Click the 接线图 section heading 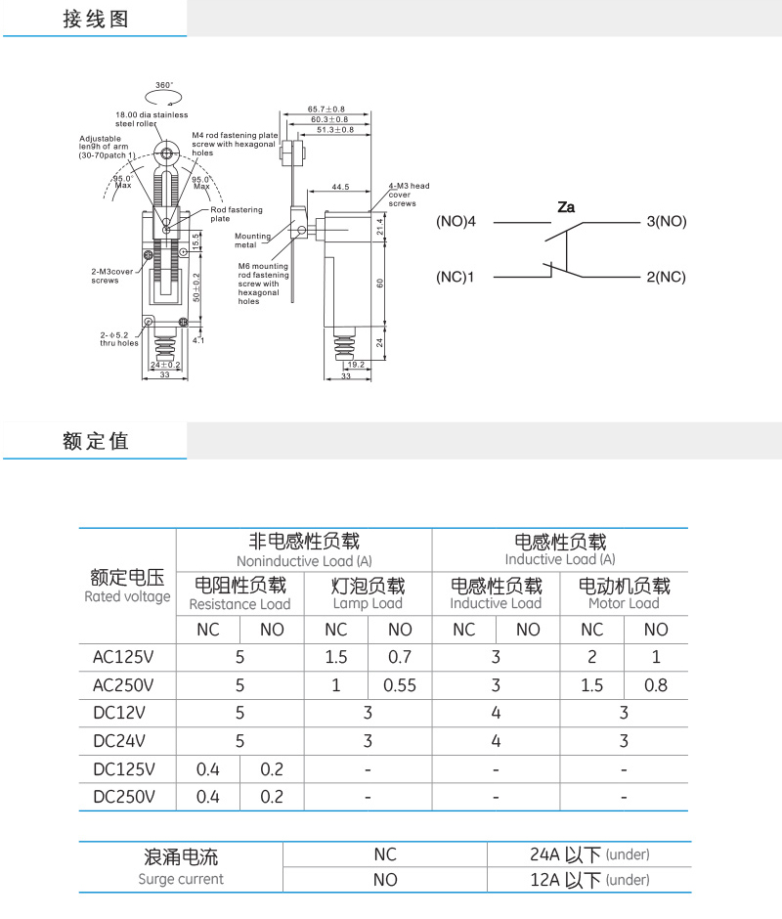coord(96,19)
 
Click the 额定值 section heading coord(96,441)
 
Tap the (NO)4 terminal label coord(456,222)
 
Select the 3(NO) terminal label coord(667,222)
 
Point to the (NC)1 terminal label coord(455,277)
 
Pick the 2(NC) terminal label coord(666,277)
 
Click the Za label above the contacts coord(566,207)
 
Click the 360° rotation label coord(164,85)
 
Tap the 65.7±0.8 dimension coord(326,109)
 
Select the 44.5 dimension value coord(340,187)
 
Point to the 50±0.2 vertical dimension coord(196,287)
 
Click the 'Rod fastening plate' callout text coord(237,214)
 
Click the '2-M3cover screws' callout coord(112,276)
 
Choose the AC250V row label coord(123,685)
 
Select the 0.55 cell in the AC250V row coord(400,685)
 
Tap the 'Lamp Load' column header coord(368,603)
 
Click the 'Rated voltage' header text coord(127,596)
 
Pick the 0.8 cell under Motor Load coord(656,685)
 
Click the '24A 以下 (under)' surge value coord(589,854)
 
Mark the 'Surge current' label coord(181,879)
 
